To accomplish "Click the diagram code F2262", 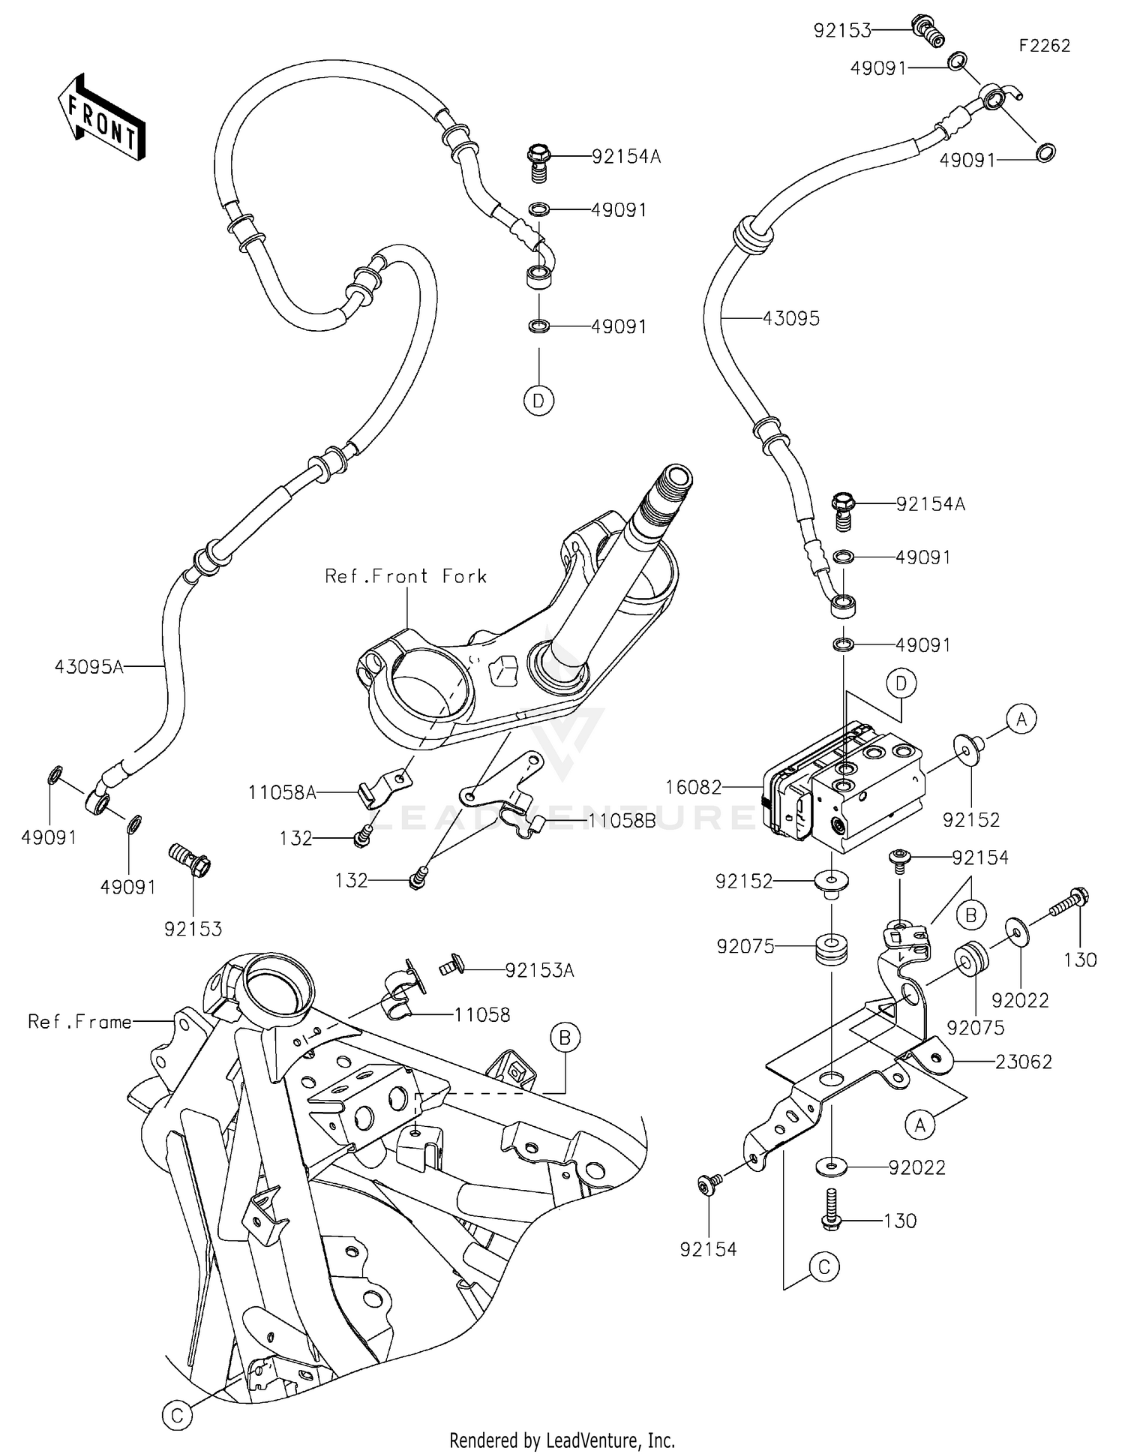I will pos(1044,46).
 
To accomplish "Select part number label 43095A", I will pos(88,666).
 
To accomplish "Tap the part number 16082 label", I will pos(693,787).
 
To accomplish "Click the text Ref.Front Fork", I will pos(406,576).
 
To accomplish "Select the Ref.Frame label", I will pos(79,1021).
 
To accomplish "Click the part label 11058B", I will pos(621,821).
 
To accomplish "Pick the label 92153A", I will pos(539,970).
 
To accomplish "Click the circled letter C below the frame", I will pos(177,1415).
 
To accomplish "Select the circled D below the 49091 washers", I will pos(538,401).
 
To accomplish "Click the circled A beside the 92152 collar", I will pos(1021,719).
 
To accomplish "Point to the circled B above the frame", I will pos(565,1038).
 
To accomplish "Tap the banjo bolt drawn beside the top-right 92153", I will pos(928,30).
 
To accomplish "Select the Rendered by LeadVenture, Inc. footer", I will pos(562,1440).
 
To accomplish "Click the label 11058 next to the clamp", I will pos(481,1014).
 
